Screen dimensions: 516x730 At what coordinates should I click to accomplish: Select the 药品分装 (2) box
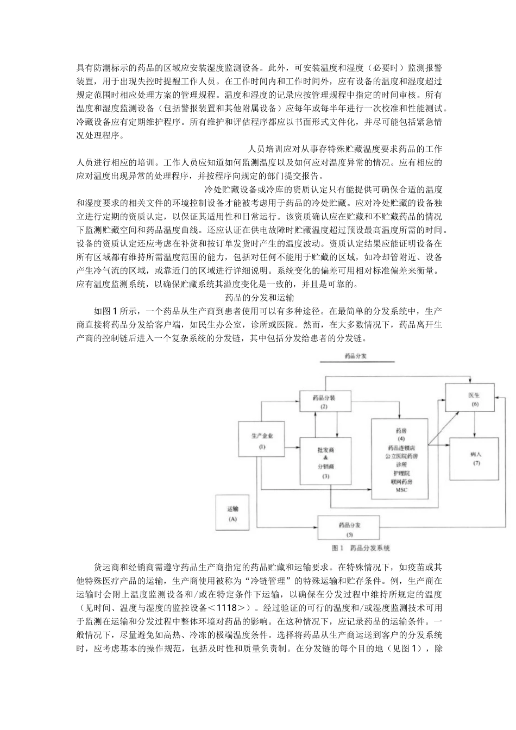click(324, 401)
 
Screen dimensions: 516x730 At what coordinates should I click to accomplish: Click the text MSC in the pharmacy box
click(401, 490)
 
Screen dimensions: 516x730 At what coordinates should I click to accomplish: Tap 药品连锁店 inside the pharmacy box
click(401, 448)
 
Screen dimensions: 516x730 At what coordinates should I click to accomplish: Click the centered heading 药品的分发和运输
click(259, 298)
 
